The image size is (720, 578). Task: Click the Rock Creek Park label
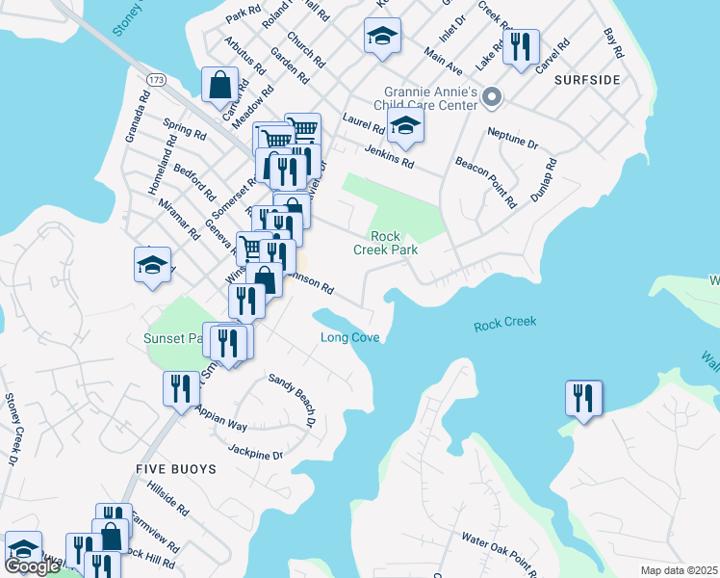394,243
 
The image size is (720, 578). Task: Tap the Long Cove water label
349,337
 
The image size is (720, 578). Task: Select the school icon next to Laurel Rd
405,126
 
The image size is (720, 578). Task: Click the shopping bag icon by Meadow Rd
220,84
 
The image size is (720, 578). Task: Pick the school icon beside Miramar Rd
152,265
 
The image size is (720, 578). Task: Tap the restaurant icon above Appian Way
181,390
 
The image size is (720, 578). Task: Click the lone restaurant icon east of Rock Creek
583,398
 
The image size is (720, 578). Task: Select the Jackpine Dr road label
255,452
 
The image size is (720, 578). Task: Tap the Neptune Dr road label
512,138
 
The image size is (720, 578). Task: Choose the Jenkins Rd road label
389,157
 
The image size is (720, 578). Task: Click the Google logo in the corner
32,567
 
